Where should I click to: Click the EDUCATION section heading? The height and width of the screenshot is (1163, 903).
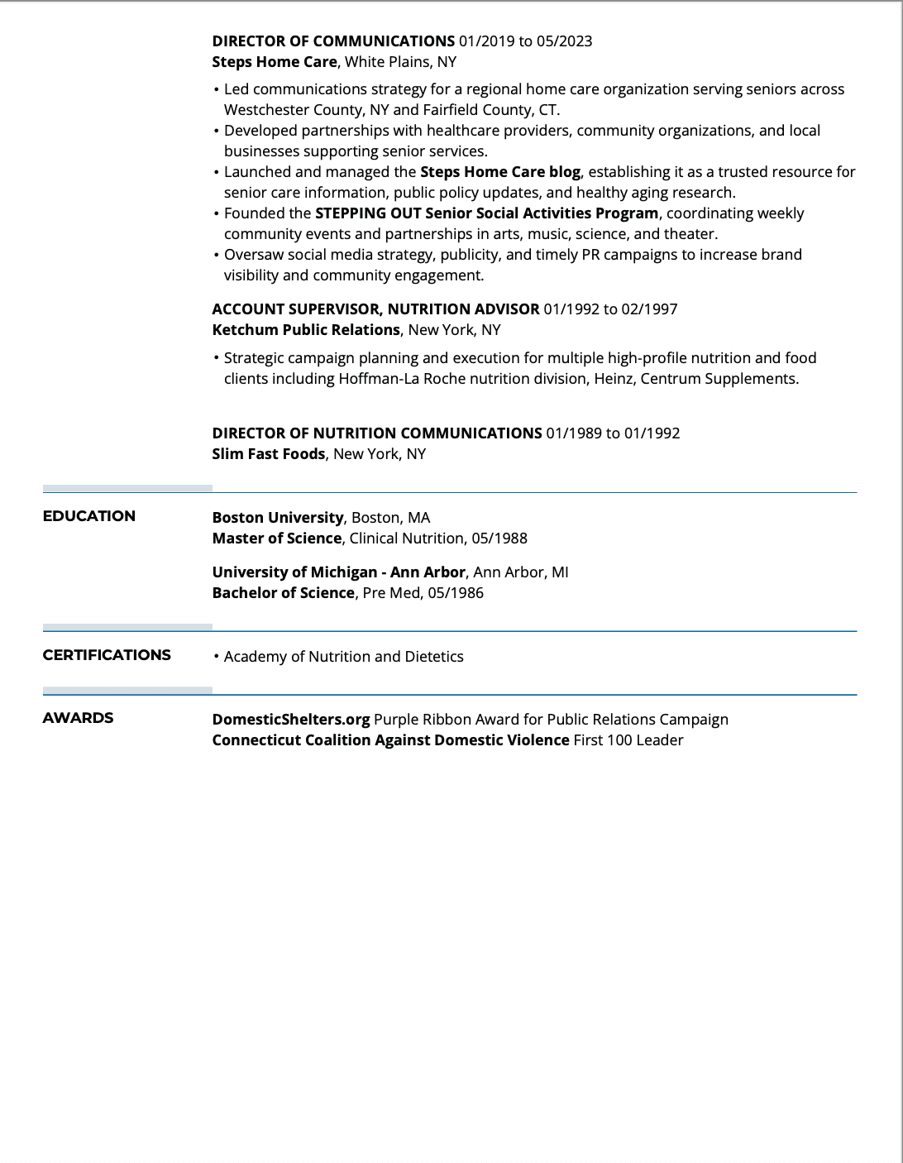pos(88,516)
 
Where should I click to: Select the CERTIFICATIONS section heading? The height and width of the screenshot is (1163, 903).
pos(107,655)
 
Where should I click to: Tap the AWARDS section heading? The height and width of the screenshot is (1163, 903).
pos(78,718)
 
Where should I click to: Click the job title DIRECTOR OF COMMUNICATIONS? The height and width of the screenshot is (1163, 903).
pos(333,41)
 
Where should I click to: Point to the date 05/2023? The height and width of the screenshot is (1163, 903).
pos(565,41)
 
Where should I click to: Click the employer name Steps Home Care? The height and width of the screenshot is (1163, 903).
pos(275,62)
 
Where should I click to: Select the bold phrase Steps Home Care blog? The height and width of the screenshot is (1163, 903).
pos(500,172)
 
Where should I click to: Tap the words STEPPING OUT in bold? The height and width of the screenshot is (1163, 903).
pos(368,213)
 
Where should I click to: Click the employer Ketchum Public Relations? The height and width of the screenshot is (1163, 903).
pos(306,330)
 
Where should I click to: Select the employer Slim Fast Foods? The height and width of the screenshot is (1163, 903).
pos(269,454)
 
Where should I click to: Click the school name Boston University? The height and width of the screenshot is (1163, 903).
pos(278,518)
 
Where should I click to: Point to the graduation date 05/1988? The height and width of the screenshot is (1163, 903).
pos(499,538)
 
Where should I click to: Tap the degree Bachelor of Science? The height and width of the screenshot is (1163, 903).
pos(284,593)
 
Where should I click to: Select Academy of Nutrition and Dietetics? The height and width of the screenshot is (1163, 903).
pos(343,657)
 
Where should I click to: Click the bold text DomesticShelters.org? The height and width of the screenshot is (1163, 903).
pos(291,720)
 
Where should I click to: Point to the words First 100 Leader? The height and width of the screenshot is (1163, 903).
pos(628,740)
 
